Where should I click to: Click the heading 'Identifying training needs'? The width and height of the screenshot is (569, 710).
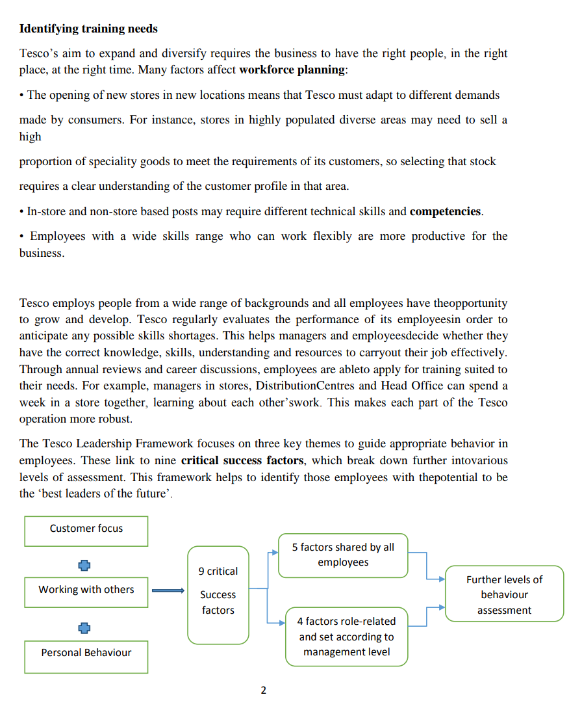coord(88,29)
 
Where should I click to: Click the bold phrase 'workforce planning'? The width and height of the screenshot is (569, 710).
coord(292,70)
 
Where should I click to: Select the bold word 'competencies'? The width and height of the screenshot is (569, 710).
coord(446,211)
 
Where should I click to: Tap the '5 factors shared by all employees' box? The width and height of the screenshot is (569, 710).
coord(343,555)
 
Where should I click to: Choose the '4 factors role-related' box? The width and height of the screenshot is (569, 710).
coord(346,637)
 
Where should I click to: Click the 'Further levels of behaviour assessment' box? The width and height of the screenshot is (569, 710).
coord(504,594)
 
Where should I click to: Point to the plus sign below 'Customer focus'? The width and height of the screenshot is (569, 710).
coord(84,565)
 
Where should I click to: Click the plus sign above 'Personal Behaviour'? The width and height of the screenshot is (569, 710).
coord(84,628)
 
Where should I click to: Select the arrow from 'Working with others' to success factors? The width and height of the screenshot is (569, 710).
coord(169,591)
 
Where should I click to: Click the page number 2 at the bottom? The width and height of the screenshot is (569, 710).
coord(263,690)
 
